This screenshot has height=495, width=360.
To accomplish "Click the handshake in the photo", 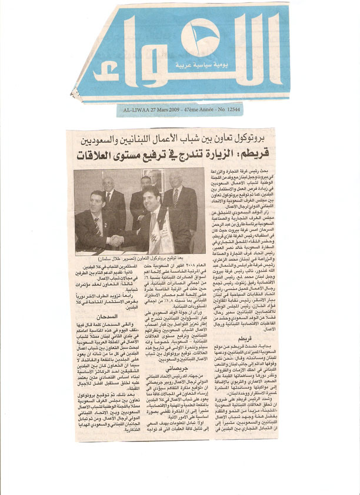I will click(x=117, y=240).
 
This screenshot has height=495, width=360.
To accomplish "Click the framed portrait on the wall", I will click(x=155, y=178).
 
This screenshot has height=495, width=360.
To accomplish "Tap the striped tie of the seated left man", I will click(x=97, y=226).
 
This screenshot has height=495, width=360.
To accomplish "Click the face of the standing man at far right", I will click(x=176, y=179).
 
